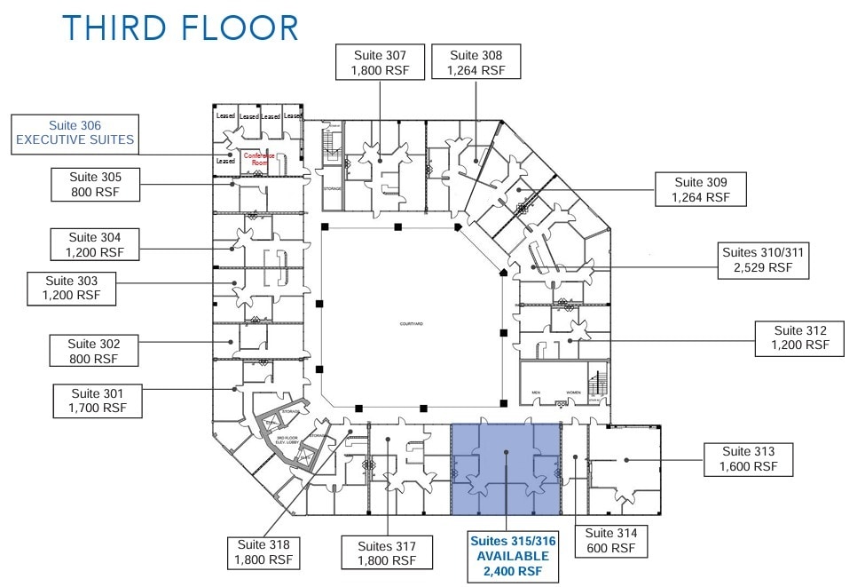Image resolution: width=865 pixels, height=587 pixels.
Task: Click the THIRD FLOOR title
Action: [180, 28]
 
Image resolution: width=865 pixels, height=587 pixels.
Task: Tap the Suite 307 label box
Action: [380, 62]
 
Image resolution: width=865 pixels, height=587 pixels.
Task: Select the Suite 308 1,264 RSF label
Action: [476, 62]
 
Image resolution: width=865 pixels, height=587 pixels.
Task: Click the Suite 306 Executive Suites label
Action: [75, 133]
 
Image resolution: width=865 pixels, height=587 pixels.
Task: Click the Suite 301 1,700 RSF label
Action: [98, 401]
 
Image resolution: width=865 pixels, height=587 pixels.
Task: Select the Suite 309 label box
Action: [700, 189]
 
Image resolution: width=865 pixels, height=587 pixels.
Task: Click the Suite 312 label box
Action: [799, 337]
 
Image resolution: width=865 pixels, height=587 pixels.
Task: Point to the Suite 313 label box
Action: [749, 458]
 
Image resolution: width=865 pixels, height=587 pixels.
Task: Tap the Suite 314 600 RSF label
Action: [612, 541]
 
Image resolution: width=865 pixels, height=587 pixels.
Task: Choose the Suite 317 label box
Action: [387, 552]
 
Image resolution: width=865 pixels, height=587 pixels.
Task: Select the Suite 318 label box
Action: [263, 552]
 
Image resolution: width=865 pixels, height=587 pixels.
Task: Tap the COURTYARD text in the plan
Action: [410, 325]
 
